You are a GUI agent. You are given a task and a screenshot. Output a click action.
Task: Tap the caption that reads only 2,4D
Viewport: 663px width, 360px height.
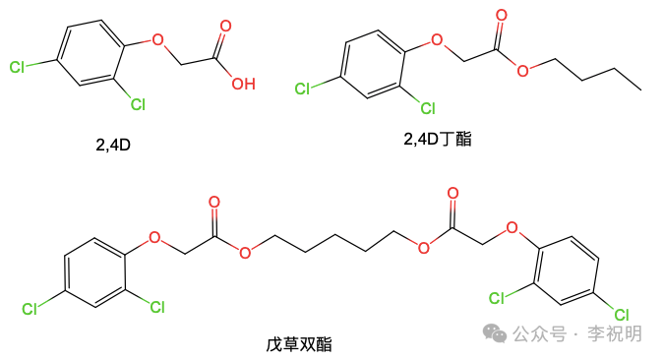click(113, 145)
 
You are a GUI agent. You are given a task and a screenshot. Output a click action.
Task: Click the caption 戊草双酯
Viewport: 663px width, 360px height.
click(298, 344)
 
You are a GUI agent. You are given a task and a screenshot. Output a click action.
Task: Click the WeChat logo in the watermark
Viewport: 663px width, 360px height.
click(497, 333)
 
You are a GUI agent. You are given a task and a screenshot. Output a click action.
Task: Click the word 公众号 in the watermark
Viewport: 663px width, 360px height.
click(539, 334)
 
